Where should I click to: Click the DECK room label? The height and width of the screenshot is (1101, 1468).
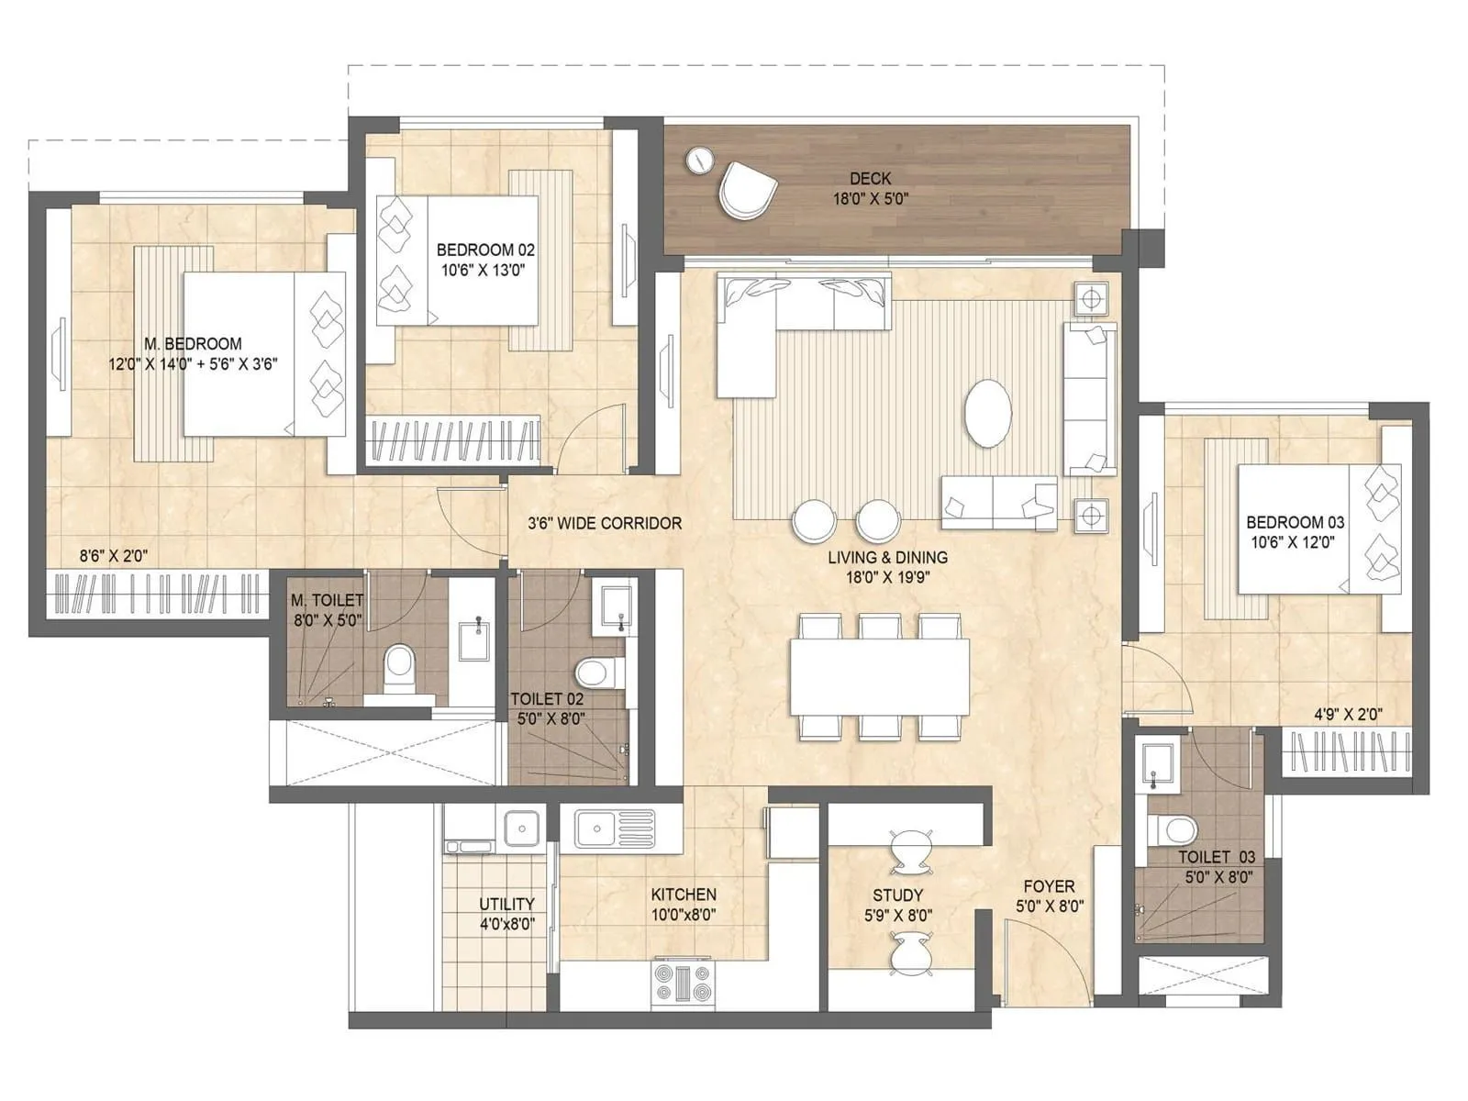[x=870, y=179]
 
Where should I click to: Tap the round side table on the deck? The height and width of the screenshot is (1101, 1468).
[x=700, y=160]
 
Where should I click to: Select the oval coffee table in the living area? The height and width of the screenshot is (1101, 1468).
[x=988, y=413]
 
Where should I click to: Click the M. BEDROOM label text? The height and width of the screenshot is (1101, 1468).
[x=193, y=344]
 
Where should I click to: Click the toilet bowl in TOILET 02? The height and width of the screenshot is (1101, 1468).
[x=595, y=672]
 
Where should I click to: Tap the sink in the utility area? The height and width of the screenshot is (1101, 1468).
[x=521, y=829]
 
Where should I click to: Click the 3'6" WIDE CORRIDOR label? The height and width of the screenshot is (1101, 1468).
[x=605, y=523]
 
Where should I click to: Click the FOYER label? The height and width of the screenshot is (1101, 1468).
[x=1049, y=886]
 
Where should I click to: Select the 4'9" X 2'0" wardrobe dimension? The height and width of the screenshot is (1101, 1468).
[x=1348, y=713]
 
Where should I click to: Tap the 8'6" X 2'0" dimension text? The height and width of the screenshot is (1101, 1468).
[x=114, y=555]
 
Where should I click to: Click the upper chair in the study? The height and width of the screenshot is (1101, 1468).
[x=911, y=851]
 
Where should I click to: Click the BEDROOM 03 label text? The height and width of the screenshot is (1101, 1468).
[x=1295, y=522]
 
